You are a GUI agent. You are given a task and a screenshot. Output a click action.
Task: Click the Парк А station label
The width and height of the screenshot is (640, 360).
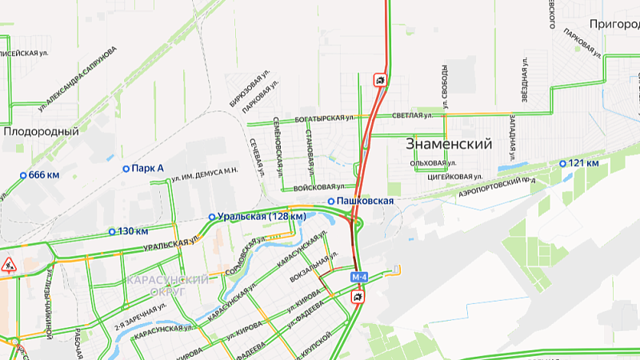click(x=148, y=168)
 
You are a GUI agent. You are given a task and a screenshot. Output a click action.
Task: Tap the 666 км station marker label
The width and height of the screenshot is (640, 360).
click(x=43, y=174)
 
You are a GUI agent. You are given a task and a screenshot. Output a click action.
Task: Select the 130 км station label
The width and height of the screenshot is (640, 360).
click(x=133, y=231)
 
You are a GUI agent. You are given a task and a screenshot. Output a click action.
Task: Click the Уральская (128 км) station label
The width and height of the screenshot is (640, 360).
click(x=264, y=216)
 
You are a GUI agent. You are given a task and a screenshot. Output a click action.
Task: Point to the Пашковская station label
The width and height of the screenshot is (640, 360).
click(x=365, y=200)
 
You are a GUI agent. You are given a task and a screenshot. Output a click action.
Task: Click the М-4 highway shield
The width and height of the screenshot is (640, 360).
click(x=360, y=277)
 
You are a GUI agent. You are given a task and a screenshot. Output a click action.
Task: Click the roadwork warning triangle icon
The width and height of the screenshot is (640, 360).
click(x=9, y=265)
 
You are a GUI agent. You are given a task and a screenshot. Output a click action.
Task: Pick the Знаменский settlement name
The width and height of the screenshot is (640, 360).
click(x=448, y=145)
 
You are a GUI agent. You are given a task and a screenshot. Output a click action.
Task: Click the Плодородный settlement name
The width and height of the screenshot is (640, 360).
click(x=41, y=131)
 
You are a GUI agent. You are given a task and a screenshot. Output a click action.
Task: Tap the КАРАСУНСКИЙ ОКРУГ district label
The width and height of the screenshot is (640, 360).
click(x=168, y=286)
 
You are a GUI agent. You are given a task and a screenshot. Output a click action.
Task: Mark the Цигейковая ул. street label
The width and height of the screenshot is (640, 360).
click(x=454, y=176)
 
